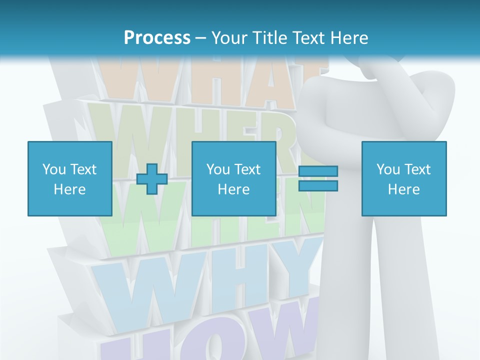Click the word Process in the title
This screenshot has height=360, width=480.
tap(157, 38)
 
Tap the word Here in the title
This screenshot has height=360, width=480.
tap(347, 38)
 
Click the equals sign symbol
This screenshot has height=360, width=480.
tap(318, 178)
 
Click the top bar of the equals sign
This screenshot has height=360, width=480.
tap(318, 171)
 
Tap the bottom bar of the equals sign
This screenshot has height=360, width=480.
tap(318, 185)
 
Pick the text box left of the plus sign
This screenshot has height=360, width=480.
tap(69, 178)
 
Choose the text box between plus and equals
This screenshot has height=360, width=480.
tap(233, 178)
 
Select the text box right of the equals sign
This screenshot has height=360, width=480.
tap(403, 178)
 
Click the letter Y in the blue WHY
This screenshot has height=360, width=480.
tap(295, 270)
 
